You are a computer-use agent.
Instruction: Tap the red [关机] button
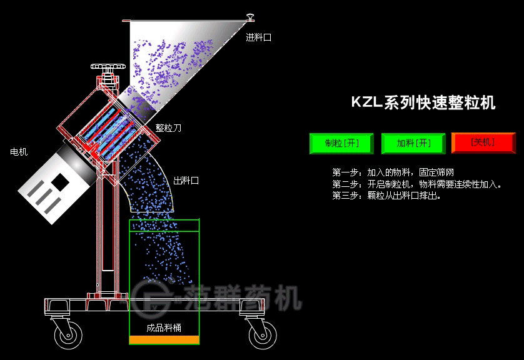pos(483,143)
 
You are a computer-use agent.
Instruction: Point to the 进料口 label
pos(258,37)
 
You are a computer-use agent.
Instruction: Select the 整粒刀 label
pos(168,128)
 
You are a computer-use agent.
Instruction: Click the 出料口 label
pos(186,181)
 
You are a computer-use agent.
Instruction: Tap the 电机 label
pos(19,152)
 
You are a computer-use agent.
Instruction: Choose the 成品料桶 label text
pos(164,327)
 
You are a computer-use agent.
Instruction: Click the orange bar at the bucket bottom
pos(164,340)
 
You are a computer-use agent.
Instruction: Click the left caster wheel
pos(68,336)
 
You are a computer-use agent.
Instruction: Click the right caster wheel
pos(261,336)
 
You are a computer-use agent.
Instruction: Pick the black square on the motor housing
pos(61,181)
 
